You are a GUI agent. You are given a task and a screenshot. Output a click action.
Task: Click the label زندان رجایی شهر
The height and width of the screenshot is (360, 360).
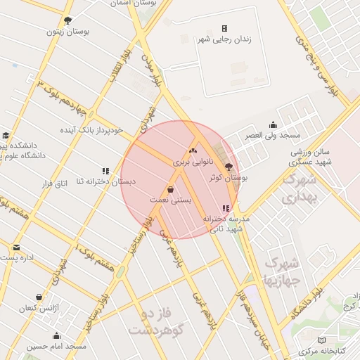tap(224, 41)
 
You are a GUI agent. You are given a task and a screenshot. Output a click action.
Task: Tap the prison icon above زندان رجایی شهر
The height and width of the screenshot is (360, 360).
tap(224, 29)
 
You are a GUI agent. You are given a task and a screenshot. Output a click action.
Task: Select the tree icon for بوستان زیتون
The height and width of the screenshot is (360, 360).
tap(67, 20)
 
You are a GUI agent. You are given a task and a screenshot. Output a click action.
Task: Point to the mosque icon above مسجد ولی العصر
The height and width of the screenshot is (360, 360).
tap(272, 124)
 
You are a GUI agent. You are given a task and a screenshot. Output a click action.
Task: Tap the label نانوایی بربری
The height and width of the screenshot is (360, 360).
tap(193, 162)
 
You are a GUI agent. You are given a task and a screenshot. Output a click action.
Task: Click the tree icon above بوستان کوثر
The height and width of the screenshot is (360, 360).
tap(228, 167)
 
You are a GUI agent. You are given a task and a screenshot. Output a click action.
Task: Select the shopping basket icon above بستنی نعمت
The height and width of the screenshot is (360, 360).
tap(170, 190)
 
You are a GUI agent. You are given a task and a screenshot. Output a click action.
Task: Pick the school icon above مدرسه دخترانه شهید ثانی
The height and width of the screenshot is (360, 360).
tap(225, 208)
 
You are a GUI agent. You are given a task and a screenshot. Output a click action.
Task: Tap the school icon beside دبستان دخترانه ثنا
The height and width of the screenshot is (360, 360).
tap(105, 171)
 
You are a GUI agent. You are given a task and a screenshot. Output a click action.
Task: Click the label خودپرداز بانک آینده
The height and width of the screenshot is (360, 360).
tap(91, 130)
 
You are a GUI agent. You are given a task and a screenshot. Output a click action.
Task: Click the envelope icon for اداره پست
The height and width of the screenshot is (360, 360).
tap(16, 247)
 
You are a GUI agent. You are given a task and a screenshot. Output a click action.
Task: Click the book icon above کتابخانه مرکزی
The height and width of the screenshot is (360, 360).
tap(322, 340)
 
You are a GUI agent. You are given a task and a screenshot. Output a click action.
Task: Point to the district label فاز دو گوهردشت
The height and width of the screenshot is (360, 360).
tap(156, 321)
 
